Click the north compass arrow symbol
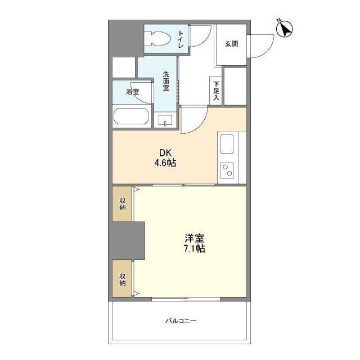[x=285, y=29]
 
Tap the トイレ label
[x=181, y=39]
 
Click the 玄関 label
[x=231, y=44]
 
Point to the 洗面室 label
[x=166, y=81]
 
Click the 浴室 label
[x=133, y=92]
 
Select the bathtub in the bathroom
[x=131, y=116]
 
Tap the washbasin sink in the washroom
[x=165, y=120]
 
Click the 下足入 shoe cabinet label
[x=216, y=91]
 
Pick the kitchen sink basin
[x=227, y=144]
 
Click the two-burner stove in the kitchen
[x=227, y=170]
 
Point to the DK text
[x=165, y=152]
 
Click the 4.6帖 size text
[x=165, y=163]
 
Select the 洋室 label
[x=195, y=238]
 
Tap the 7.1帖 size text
[x=195, y=249]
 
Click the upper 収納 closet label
[x=123, y=204]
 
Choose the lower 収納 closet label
[x=123, y=279]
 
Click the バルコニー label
[x=181, y=321]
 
